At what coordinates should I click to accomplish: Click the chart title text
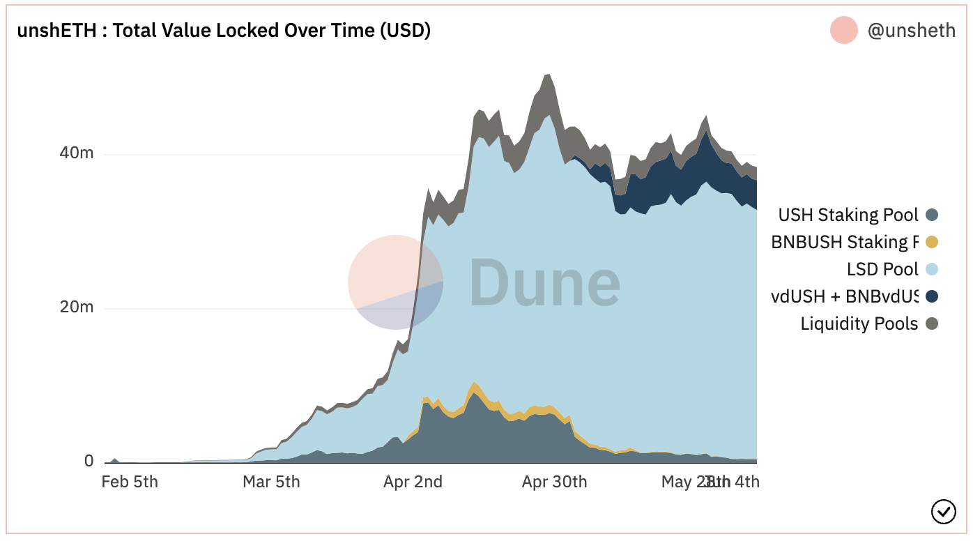click(224, 31)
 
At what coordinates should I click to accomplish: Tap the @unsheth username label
click(911, 31)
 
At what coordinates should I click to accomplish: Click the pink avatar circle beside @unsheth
click(843, 31)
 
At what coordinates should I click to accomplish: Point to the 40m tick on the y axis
click(77, 153)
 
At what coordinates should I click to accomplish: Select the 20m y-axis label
click(77, 307)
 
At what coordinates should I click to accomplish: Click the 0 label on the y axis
click(89, 461)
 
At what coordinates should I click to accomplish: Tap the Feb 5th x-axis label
click(130, 482)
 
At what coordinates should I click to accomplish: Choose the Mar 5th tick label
click(271, 482)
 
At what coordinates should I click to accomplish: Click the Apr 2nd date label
click(413, 482)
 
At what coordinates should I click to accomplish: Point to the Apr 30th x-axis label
click(554, 482)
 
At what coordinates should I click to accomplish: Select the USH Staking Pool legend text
click(848, 215)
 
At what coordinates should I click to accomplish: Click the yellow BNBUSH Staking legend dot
click(932, 243)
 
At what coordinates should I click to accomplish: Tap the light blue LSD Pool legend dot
click(932, 269)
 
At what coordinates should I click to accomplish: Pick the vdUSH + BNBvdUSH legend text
click(845, 296)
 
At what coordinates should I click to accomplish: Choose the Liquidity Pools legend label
click(859, 323)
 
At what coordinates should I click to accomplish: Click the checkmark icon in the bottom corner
click(943, 512)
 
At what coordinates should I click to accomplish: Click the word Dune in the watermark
click(544, 282)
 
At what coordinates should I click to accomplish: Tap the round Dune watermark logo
click(395, 282)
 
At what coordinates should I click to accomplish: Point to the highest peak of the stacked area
click(547, 75)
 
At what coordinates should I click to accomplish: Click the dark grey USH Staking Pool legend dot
click(932, 215)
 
